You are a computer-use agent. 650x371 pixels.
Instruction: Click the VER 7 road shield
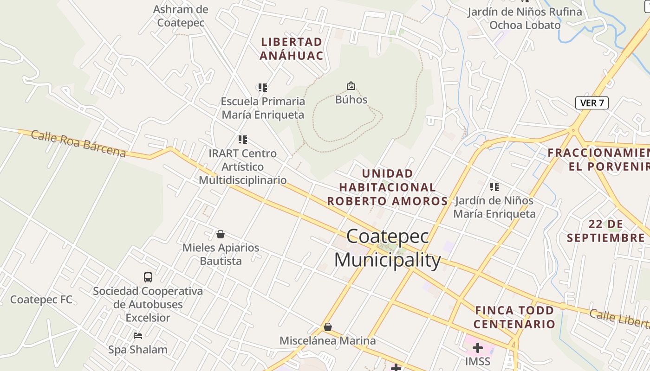pos(591,103)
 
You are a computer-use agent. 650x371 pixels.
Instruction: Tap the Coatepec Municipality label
pos(387,248)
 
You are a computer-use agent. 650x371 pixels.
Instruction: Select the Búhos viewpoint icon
pos(351,86)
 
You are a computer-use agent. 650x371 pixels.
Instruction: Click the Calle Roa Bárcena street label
pos(78,144)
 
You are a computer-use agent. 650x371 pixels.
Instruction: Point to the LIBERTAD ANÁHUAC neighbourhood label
pos(291,49)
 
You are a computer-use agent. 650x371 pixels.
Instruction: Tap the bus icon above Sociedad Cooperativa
pos(148,277)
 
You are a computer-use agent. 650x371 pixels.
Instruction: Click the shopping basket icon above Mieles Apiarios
pos(221,234)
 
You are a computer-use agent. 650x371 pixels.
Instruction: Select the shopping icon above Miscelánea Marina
pos(328,327)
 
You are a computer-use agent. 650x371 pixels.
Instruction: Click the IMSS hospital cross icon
pos(478,347)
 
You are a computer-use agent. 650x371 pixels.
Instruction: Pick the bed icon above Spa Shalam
pos(138,336)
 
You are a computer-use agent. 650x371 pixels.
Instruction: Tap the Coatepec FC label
pos(41,300)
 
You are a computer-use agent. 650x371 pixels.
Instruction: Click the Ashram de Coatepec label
pos(181,16)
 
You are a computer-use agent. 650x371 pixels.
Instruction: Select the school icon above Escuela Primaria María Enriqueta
pos(263,88)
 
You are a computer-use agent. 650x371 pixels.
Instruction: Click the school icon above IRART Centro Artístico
pos(242,139)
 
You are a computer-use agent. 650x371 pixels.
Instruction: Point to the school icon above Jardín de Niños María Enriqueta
pos(494,187)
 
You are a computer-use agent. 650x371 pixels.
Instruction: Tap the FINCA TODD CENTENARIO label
pos(514,317)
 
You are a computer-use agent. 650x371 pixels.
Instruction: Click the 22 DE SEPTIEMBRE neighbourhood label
pos(605,231)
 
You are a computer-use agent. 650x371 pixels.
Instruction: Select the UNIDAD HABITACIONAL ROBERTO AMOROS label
pos(387,187)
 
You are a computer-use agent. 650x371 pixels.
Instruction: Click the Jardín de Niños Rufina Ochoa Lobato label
pos(525,19)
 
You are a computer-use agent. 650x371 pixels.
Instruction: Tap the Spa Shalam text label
pos(138,350)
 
